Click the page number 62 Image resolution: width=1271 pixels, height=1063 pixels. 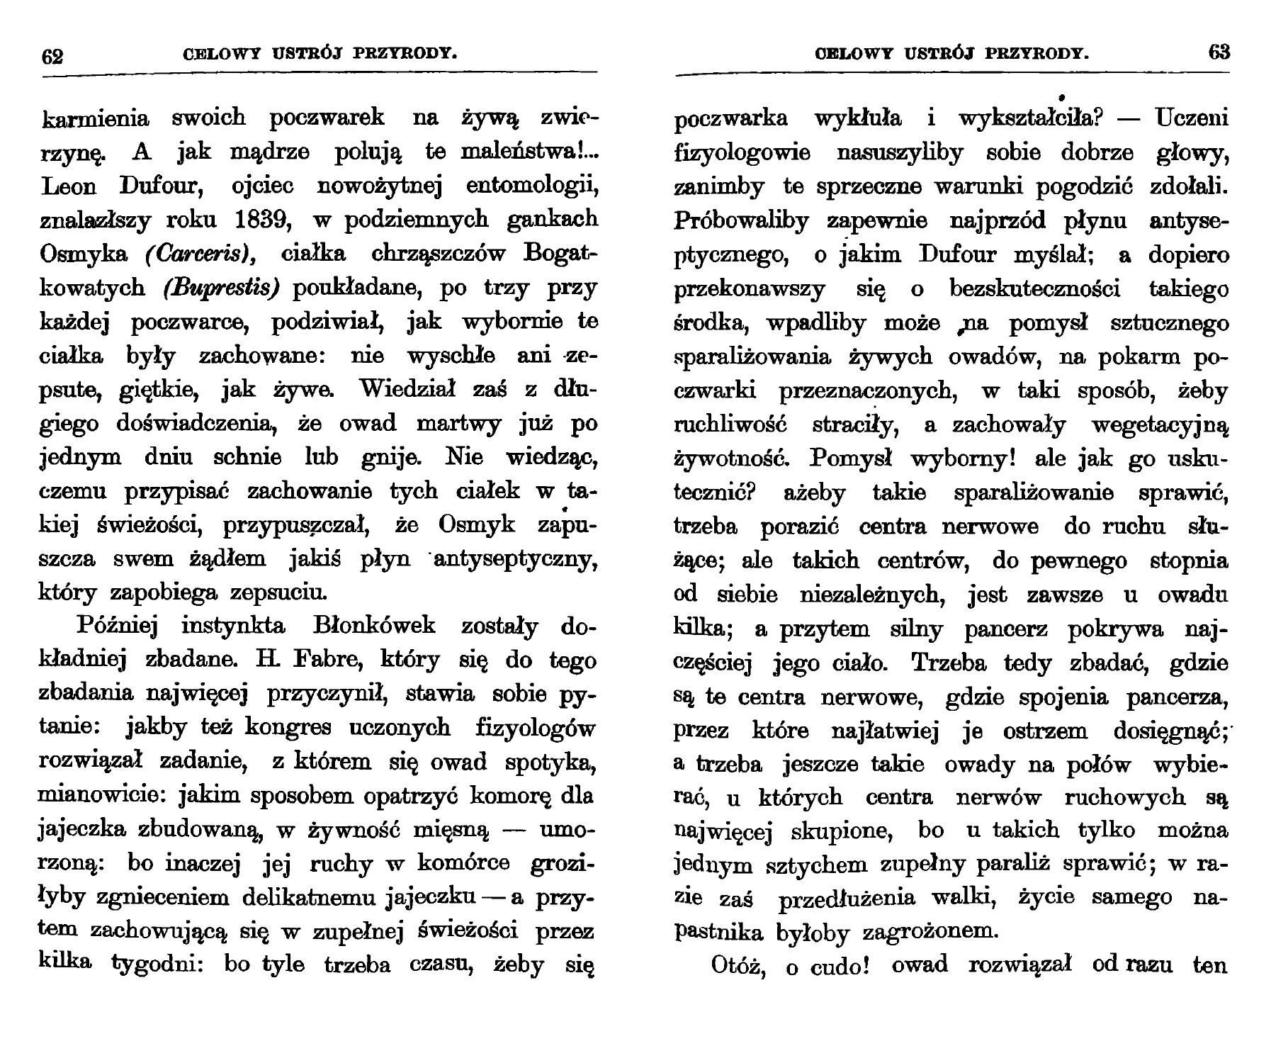click(53, 55)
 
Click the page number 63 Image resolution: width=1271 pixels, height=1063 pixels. click(1219, 53)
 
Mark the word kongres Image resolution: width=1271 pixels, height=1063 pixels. click(288, 729)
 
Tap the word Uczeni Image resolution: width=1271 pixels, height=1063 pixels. click(1192, 118)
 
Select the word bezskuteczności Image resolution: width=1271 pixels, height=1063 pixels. click(1034, 290)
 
